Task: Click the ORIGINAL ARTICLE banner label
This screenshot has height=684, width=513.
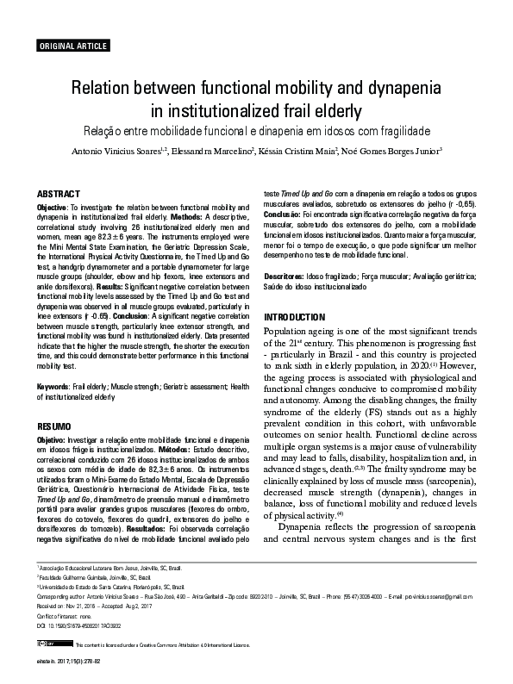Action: coord(72,46)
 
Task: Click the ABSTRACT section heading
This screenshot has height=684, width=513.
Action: coord(59,195)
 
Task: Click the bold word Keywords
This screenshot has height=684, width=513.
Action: coord(53,388)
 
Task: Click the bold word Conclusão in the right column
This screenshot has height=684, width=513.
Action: coord(284,215)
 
